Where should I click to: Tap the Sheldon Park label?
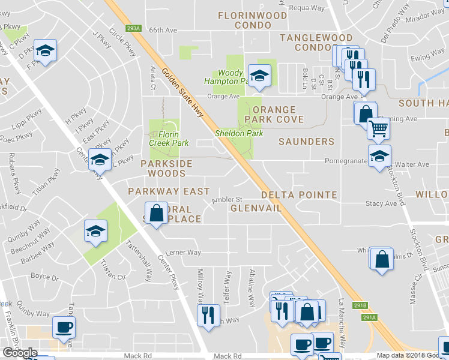click(x=239, y=133)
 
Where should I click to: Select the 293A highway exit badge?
click(x=133, y=28)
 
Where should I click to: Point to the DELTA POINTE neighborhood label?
click(x=299, y=195)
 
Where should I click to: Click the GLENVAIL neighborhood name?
click(x=256, y=208)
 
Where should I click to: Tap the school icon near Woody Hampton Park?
click(x=259, y=75)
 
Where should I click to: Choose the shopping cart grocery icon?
click(x=378, y=128)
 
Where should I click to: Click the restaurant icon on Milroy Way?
click(x=208, y=314)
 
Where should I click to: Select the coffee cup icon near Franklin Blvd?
click(x=64, y=327)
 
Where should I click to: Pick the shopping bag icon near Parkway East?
click(x=156, y=213)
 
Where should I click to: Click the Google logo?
click(x=20, y=353)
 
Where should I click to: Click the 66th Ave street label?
click(x=163, y=29)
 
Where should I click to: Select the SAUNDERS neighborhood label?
click(x=306, y=142)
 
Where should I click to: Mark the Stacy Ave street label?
click(x=381, y=203)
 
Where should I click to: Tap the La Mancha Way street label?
click(x=343, y=325)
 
